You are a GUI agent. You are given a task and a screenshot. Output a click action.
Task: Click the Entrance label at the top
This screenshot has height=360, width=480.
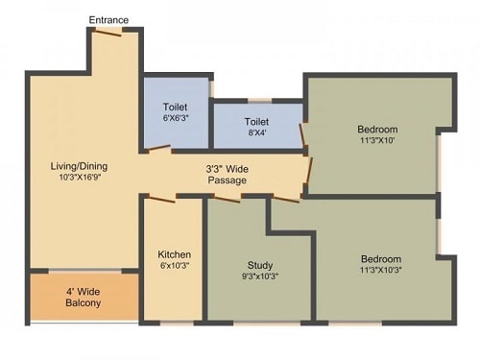click(108, 20)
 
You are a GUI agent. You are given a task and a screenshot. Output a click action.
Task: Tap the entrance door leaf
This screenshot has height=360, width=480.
click(108, 33)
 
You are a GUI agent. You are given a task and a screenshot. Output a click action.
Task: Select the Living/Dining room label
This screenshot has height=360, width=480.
click(79, 166)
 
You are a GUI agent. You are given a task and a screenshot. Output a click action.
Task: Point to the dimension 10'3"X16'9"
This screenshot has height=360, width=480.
click(80, 177)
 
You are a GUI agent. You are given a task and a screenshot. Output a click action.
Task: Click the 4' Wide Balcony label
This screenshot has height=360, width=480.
click(84, 298)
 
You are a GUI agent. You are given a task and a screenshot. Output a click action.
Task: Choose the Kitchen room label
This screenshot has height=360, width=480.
click(175, 254)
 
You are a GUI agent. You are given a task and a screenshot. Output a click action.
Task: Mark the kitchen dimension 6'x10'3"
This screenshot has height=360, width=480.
click(174, 265)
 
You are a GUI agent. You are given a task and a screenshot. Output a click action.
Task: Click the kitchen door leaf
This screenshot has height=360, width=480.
click(162, 200)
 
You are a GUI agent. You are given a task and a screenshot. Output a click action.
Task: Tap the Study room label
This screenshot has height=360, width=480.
click(260, 265)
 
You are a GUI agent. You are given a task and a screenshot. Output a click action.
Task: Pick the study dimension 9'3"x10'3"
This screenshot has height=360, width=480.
click(260, 276)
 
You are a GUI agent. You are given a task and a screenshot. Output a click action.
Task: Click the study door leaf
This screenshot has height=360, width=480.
click(227, 200)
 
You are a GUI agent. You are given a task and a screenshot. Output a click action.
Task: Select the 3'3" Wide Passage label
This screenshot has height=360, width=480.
click(228, 175)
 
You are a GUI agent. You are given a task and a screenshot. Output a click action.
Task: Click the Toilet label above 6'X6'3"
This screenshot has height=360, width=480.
click(175, 107)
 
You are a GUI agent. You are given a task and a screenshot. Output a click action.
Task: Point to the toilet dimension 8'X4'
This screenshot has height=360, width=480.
click(257, 132)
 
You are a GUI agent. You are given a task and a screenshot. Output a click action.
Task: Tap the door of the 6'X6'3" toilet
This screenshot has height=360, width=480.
click(158, 147)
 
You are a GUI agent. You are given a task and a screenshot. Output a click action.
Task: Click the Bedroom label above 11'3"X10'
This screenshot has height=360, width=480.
click(377, 130)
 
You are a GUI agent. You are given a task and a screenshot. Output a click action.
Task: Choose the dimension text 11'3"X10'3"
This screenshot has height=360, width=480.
click(381, 270)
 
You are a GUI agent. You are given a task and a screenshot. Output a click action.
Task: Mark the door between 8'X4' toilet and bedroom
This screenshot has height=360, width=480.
click(301, 134)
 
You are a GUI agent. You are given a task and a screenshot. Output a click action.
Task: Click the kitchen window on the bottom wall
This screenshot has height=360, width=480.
click(177, 324)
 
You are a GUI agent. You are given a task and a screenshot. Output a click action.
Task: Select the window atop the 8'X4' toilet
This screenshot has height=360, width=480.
click(260, 101)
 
